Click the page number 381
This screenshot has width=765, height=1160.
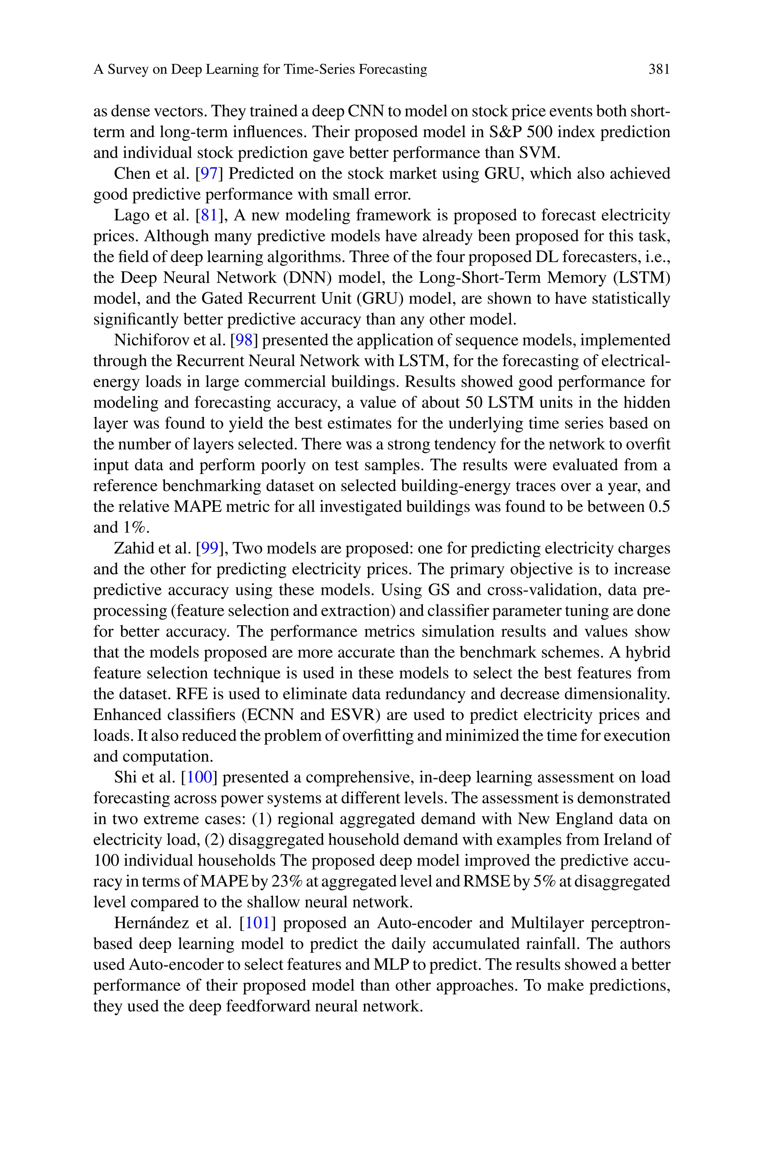[659, 69]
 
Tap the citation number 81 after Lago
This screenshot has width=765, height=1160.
[208, 215]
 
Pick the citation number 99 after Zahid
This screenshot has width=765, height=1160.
[209, 548]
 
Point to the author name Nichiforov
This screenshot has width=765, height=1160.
[146, 340]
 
